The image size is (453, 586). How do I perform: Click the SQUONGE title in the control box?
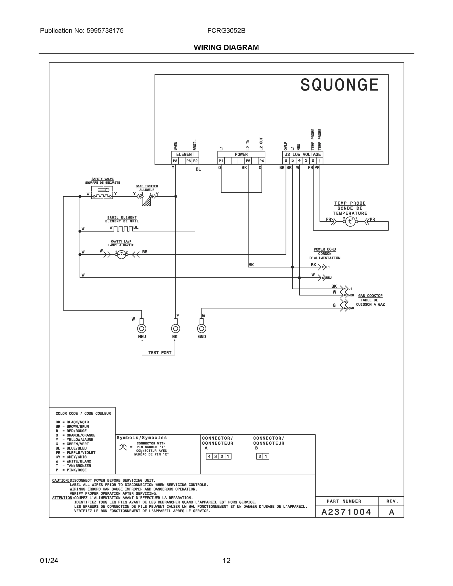pos(339,85)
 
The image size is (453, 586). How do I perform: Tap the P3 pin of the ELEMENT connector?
pos(175,161)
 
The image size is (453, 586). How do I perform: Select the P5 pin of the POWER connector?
pos(248,161)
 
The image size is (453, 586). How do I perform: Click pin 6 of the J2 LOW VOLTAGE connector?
pos(286,160)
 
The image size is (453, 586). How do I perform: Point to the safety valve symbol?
pos(102,192)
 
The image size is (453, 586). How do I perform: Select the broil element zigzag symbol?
pos(123,229)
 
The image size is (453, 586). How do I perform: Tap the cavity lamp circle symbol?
pos(121,254)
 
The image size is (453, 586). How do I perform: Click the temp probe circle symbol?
pos(350,221)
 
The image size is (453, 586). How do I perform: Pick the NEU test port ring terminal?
pos(142,328)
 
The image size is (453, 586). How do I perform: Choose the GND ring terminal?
pos(201,328)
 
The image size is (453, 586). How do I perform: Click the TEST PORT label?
pos(160,353)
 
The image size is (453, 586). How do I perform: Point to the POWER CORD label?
pos(325,249)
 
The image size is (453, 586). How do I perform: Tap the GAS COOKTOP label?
pos(370,296)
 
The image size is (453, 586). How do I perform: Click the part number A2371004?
pos(346,512)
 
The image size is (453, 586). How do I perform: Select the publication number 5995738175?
pos(105,31)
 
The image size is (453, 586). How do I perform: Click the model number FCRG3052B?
pos(226,31)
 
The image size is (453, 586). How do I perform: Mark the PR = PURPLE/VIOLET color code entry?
pos(75,452)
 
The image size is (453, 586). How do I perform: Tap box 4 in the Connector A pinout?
pos(209,456)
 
